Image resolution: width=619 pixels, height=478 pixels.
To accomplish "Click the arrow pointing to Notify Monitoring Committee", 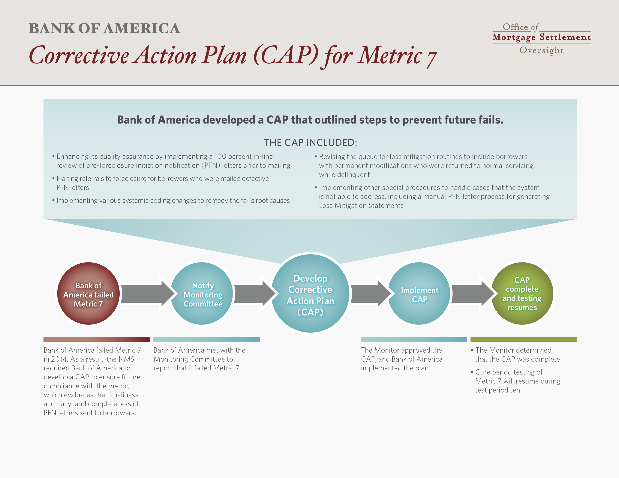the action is pos(147,294).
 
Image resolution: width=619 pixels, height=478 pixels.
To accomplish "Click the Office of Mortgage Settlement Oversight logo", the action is pos(541,39).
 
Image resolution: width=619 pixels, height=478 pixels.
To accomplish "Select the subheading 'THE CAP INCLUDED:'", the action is pos(310,142).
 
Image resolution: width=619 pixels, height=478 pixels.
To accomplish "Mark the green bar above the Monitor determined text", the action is pos(524,339).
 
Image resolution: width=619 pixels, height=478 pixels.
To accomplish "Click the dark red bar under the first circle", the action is pos(97,339).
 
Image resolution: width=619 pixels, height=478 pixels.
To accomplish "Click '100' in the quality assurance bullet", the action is pos(220,156).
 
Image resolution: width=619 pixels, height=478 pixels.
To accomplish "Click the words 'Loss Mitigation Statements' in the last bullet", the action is pos(361,205).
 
